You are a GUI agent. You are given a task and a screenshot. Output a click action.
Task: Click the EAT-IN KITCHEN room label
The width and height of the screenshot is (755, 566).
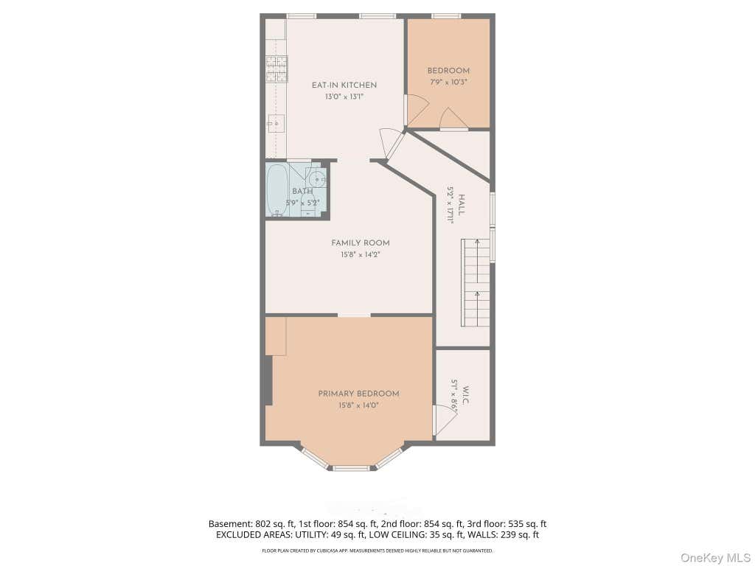tap(344, 85)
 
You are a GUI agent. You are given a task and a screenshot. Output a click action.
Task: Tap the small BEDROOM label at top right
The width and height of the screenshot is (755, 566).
tap(448, 71)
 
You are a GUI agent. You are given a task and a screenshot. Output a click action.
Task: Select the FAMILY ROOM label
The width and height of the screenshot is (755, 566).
tap(360, 243)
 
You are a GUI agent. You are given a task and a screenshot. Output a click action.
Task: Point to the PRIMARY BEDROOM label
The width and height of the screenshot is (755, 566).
tap(359, 394)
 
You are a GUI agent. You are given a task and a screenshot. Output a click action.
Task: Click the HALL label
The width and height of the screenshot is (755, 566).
tap(462, 205)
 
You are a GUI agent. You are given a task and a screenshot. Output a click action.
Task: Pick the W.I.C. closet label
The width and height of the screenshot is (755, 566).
tap(466, 395)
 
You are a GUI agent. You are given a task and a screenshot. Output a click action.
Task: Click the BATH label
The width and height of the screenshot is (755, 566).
tap(302, 191)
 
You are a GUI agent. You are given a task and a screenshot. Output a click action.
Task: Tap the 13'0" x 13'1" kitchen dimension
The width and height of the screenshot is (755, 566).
tap(344, 97)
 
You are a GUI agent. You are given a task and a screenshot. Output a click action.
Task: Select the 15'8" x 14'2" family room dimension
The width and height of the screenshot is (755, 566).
tap(360, 254)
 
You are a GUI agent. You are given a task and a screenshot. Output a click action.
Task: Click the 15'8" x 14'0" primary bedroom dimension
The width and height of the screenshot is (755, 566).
tap(359, 405)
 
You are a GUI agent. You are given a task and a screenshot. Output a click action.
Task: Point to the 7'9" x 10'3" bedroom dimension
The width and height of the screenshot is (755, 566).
tap(448, 83)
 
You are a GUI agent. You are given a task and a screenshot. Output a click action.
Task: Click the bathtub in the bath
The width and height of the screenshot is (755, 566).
tap(276, 190)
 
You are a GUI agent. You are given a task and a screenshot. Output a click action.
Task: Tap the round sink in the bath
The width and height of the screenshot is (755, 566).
tap(318, 179)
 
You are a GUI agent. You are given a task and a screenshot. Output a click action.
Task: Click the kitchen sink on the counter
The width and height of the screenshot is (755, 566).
tap(276, 124)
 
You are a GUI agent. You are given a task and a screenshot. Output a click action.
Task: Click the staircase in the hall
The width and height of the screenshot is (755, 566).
tap(476, 282)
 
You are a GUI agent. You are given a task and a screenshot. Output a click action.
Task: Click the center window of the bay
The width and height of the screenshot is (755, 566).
tap(352, 468)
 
